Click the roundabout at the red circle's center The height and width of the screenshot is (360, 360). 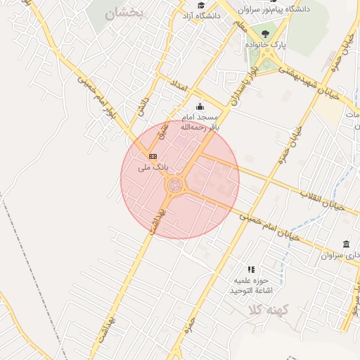click(175, 185)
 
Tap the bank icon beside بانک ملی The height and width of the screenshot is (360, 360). click(153, 155)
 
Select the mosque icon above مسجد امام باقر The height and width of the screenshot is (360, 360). click(200, 107)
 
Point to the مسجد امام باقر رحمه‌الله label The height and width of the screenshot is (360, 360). click(200, 122)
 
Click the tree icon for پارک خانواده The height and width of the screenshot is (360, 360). click(264, 33)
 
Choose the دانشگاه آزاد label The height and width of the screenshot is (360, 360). click(200, 15)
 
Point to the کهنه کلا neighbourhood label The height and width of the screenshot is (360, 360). click(266, 309)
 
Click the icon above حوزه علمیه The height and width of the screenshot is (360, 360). click(251, 269)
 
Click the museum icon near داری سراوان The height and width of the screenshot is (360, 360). click(346, 244)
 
